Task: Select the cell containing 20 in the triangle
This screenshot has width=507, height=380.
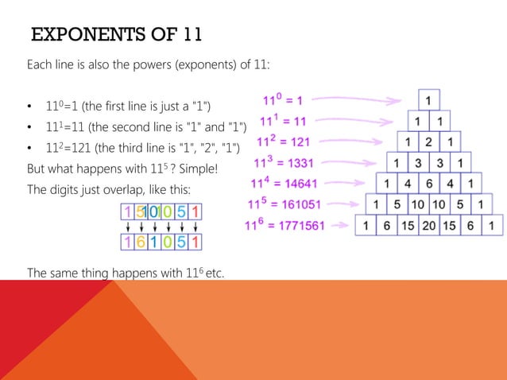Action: click(x=429, y=226)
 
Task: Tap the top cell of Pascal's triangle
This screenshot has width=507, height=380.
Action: click(x=429, y=102)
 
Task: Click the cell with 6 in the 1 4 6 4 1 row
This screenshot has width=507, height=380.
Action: click(x=429, y=184)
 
